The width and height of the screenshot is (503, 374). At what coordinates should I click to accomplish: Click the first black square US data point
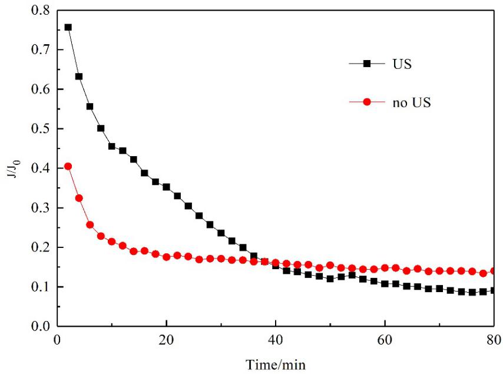(68, 27)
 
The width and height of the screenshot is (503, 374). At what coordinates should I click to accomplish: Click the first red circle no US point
(68, 166)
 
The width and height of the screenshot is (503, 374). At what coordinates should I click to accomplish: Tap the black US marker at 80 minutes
(494, 290)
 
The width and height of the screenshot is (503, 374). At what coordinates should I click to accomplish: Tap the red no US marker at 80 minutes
(494, 271)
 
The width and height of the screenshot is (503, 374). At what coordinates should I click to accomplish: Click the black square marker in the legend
(366, 64)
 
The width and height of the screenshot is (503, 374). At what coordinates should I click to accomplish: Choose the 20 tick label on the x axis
(167, 340)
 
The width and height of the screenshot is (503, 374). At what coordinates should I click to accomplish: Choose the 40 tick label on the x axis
(276, 340)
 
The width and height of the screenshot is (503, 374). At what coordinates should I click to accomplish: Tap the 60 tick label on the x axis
(385, 340)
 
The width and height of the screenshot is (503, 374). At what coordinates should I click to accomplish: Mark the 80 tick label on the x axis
(493, 340)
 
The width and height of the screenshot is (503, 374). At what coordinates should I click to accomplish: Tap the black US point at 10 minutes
(112, 146)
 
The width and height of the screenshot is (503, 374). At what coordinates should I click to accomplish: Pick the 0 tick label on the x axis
(57, 340)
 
